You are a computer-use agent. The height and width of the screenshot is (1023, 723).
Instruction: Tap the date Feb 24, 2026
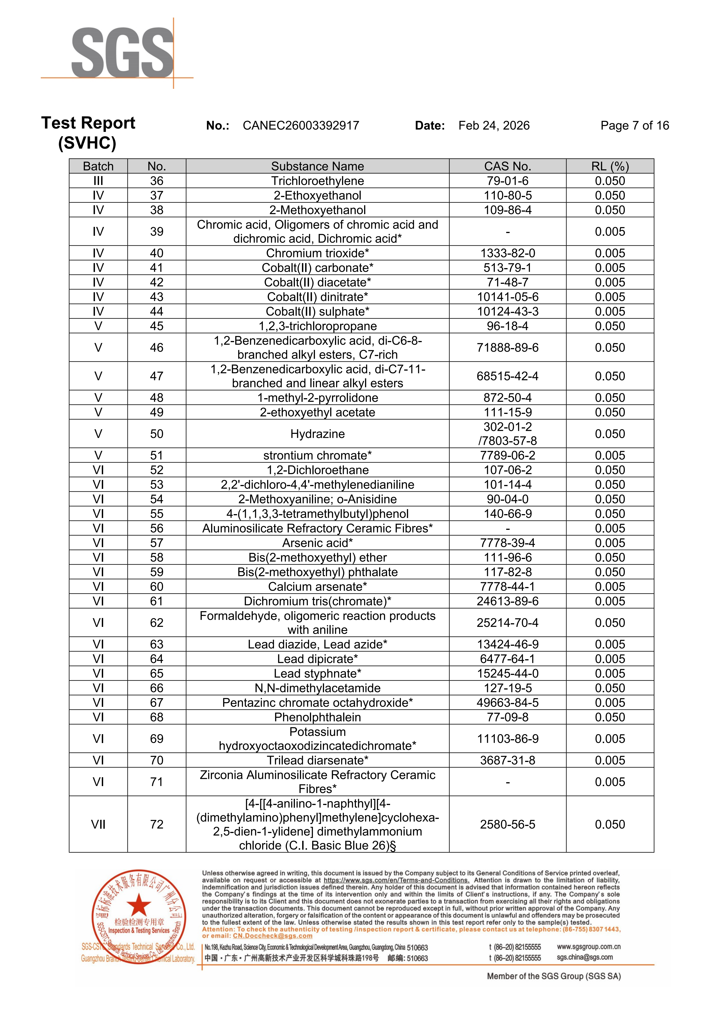494,126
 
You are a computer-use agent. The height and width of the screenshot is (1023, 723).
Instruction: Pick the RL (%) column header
610,166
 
